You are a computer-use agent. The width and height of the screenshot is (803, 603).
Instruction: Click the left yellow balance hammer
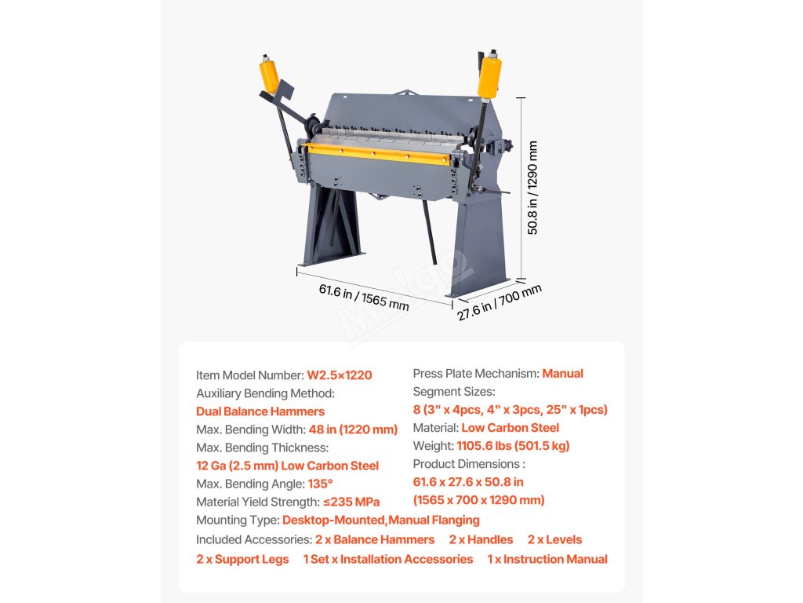269,75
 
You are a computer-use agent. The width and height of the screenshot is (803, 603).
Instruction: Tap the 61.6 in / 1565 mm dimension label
363,297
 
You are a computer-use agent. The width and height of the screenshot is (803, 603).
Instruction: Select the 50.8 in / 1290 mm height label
533,188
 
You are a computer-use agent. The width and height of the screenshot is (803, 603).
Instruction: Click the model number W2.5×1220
340,375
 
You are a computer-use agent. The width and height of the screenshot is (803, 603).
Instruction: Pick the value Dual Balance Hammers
260,411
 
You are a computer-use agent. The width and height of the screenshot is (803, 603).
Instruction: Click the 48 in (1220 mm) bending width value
352,429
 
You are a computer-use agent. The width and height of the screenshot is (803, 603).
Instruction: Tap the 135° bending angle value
319,484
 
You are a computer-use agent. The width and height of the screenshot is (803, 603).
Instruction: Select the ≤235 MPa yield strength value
351,502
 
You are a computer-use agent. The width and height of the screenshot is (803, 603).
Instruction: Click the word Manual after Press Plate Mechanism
562,374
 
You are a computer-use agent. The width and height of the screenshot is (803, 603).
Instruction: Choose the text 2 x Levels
554,539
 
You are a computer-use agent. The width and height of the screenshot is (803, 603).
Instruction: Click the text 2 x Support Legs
242,559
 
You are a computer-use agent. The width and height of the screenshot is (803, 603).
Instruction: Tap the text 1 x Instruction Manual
547,559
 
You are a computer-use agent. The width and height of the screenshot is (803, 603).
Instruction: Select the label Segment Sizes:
454,392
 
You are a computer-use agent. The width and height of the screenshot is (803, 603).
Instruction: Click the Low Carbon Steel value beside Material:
510,428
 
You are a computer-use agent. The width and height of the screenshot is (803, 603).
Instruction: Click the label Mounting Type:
238,520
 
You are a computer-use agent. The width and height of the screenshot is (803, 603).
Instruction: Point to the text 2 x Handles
481,539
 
